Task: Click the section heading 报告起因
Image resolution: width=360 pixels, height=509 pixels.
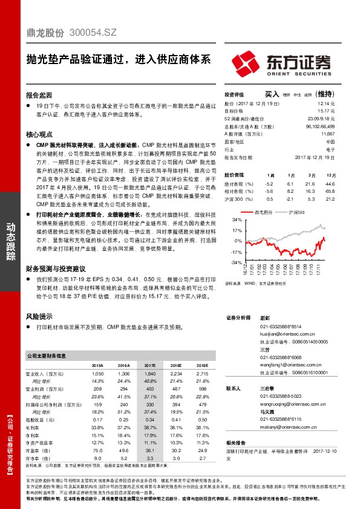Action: [39, 96]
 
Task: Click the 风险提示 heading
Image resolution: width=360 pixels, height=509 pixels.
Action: [39, 316]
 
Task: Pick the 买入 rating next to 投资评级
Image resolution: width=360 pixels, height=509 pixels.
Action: [272, 94]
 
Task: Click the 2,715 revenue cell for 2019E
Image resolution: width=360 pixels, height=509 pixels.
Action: [201, 375]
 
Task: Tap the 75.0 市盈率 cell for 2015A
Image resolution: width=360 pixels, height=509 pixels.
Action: [97, 450]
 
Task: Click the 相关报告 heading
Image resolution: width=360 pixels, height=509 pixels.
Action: [235, 443]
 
